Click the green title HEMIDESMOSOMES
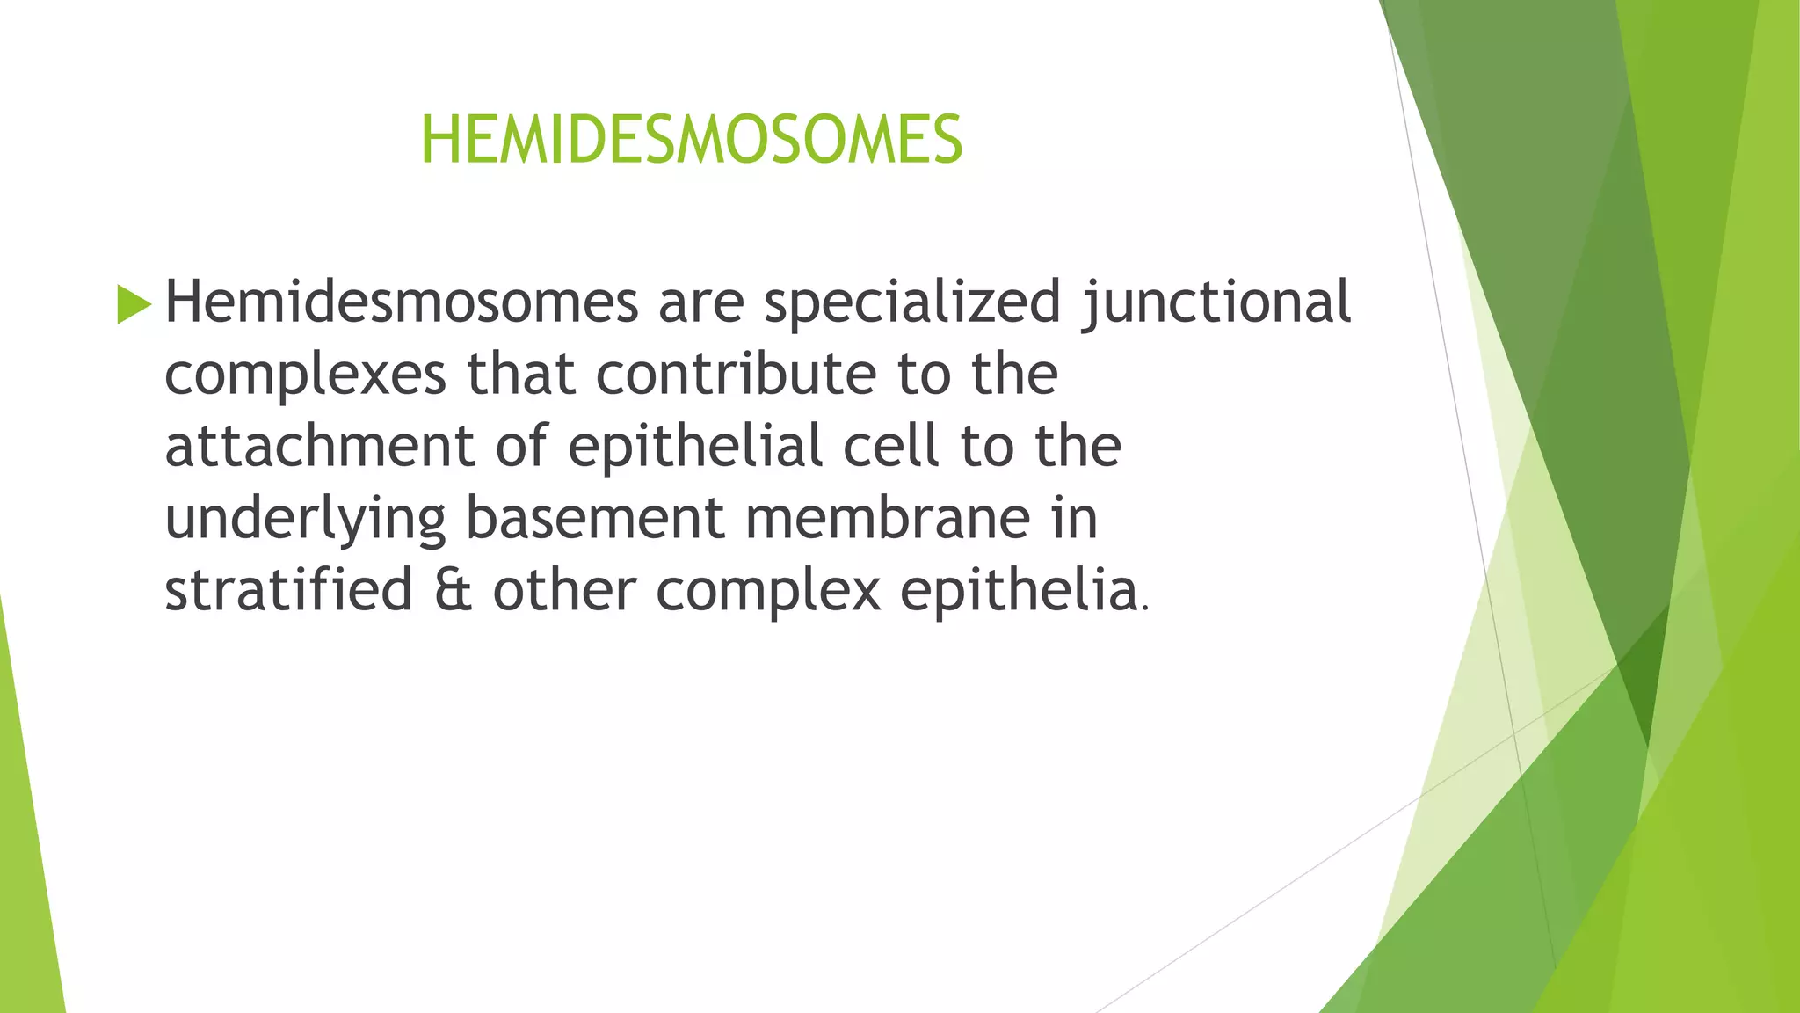point(692,140)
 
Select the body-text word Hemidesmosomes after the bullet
point(402,302)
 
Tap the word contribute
point(736,374)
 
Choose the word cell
point(891,446)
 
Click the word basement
point(595,518)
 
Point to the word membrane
point(888,518)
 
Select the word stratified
point(288,590)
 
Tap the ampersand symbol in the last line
point(453,591)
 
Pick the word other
point(564,590)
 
